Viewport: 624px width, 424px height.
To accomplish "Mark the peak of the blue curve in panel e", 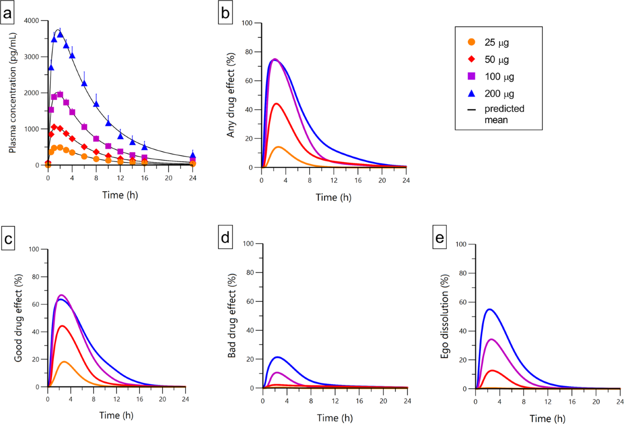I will (x=489, y=309).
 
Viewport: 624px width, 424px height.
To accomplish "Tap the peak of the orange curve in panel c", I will (x=64, y=362).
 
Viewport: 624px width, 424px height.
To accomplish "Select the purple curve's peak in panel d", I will (x=277, y=373).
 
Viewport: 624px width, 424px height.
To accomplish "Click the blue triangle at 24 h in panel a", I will (x=193, y=155).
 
